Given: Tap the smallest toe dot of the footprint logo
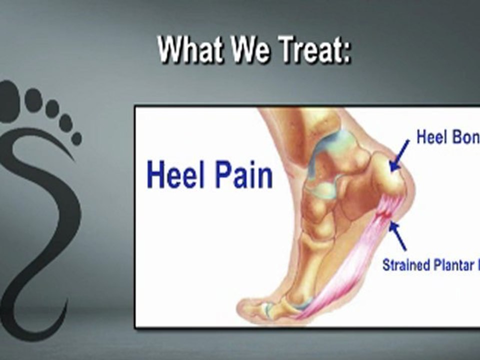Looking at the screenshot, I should point(76,138).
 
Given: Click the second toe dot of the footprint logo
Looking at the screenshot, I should point(33,99).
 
